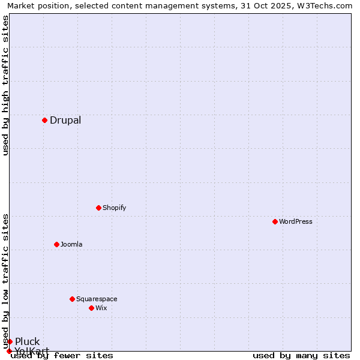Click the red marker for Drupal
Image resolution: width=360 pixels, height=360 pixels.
coord(44,120)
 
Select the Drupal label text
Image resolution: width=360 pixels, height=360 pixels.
coord(65,120)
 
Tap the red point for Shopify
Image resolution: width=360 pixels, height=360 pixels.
coord(98,208)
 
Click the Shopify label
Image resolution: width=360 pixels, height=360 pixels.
coord(114,208)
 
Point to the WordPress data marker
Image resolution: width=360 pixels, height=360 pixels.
coord(275,221)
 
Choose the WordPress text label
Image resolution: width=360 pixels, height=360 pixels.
coord(295,221)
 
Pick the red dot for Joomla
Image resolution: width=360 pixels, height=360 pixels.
coord(56,244)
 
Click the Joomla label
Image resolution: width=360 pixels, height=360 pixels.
coord(71,244)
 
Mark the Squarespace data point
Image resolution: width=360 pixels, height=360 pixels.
coord(72,299)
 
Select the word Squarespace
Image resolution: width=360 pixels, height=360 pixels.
coord(97,299)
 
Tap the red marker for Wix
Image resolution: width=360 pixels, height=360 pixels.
coord(91,308)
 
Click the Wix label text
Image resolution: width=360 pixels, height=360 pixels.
coord(101,308)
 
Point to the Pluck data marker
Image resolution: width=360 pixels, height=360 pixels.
coord(10,341)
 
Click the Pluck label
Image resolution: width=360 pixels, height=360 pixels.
coord(28,342)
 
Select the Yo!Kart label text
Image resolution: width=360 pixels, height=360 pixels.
coord(32,351)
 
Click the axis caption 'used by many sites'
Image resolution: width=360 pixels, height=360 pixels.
coord(301,355)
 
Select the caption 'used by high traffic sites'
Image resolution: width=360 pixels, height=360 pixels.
coord(6,85)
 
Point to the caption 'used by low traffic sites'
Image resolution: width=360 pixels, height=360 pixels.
coord(6,281)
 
